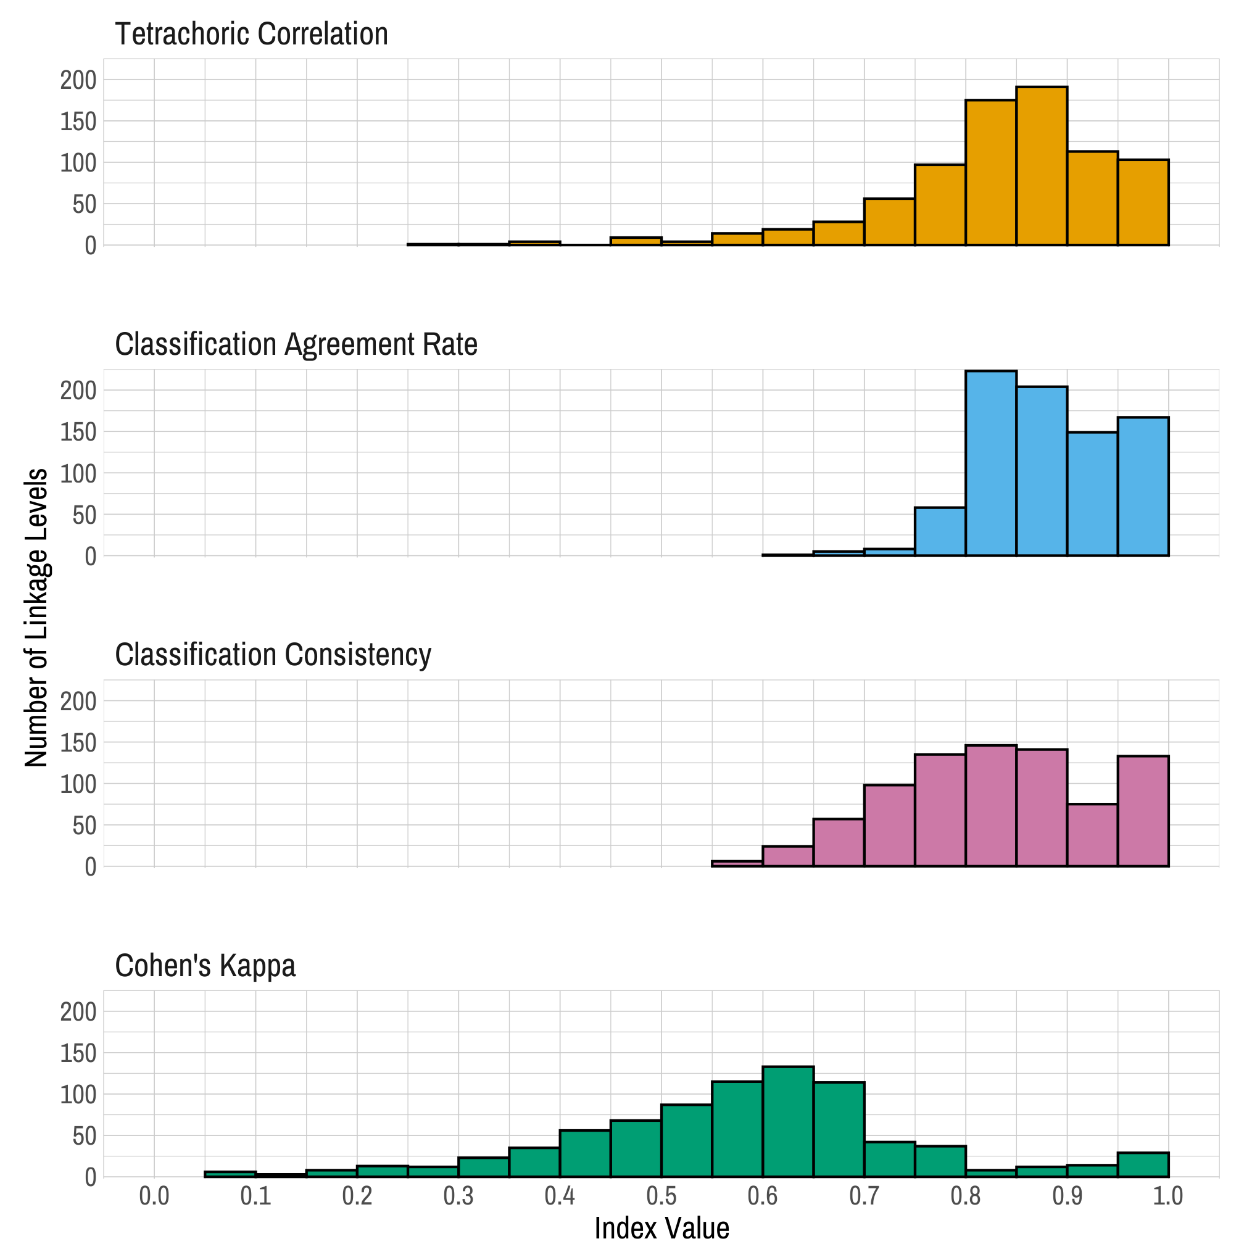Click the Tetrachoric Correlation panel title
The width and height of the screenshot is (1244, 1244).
[251, 34]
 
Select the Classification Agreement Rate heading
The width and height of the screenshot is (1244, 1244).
[296, 344]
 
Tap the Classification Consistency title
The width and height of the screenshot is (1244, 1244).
[273, 655]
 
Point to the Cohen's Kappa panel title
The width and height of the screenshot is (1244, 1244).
[205, 966]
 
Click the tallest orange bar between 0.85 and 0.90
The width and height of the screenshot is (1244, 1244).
[1041, 166]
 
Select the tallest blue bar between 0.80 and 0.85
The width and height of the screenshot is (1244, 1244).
[990, 463]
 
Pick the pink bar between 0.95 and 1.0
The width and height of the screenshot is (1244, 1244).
[1143, 811]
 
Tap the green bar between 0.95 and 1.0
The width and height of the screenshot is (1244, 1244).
[1143, 1165]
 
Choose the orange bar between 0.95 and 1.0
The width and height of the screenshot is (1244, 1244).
[1143, 202]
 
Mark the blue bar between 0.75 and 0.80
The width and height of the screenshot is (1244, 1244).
[940, 532]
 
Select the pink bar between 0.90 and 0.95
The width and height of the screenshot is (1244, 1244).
[1092, 835]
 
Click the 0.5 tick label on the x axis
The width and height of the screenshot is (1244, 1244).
[661, 1196]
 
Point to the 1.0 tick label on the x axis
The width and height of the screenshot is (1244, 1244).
[1168, 1196]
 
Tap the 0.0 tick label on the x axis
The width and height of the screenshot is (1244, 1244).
[154, 1196]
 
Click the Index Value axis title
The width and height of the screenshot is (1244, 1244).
[661, 1228]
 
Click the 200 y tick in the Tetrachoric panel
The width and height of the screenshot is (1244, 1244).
[78, 80]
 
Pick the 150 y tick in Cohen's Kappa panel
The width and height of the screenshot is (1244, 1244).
[78, 1053]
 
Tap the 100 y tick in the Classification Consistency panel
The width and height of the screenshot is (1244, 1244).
[78, 784]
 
